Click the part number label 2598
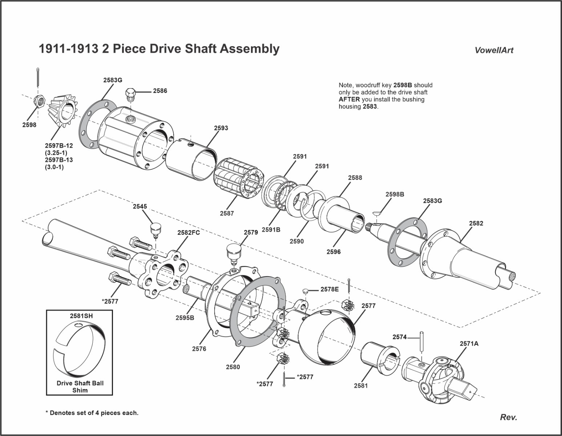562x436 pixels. coord(29,125)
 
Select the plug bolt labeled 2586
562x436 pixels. coord(131,95)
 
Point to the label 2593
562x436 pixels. coord(221,128)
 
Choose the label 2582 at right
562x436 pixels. coord(476,223)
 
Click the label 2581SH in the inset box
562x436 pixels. coord(81,316)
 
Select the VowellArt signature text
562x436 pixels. coord(494,51)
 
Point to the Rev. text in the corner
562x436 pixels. coord(508,417)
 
